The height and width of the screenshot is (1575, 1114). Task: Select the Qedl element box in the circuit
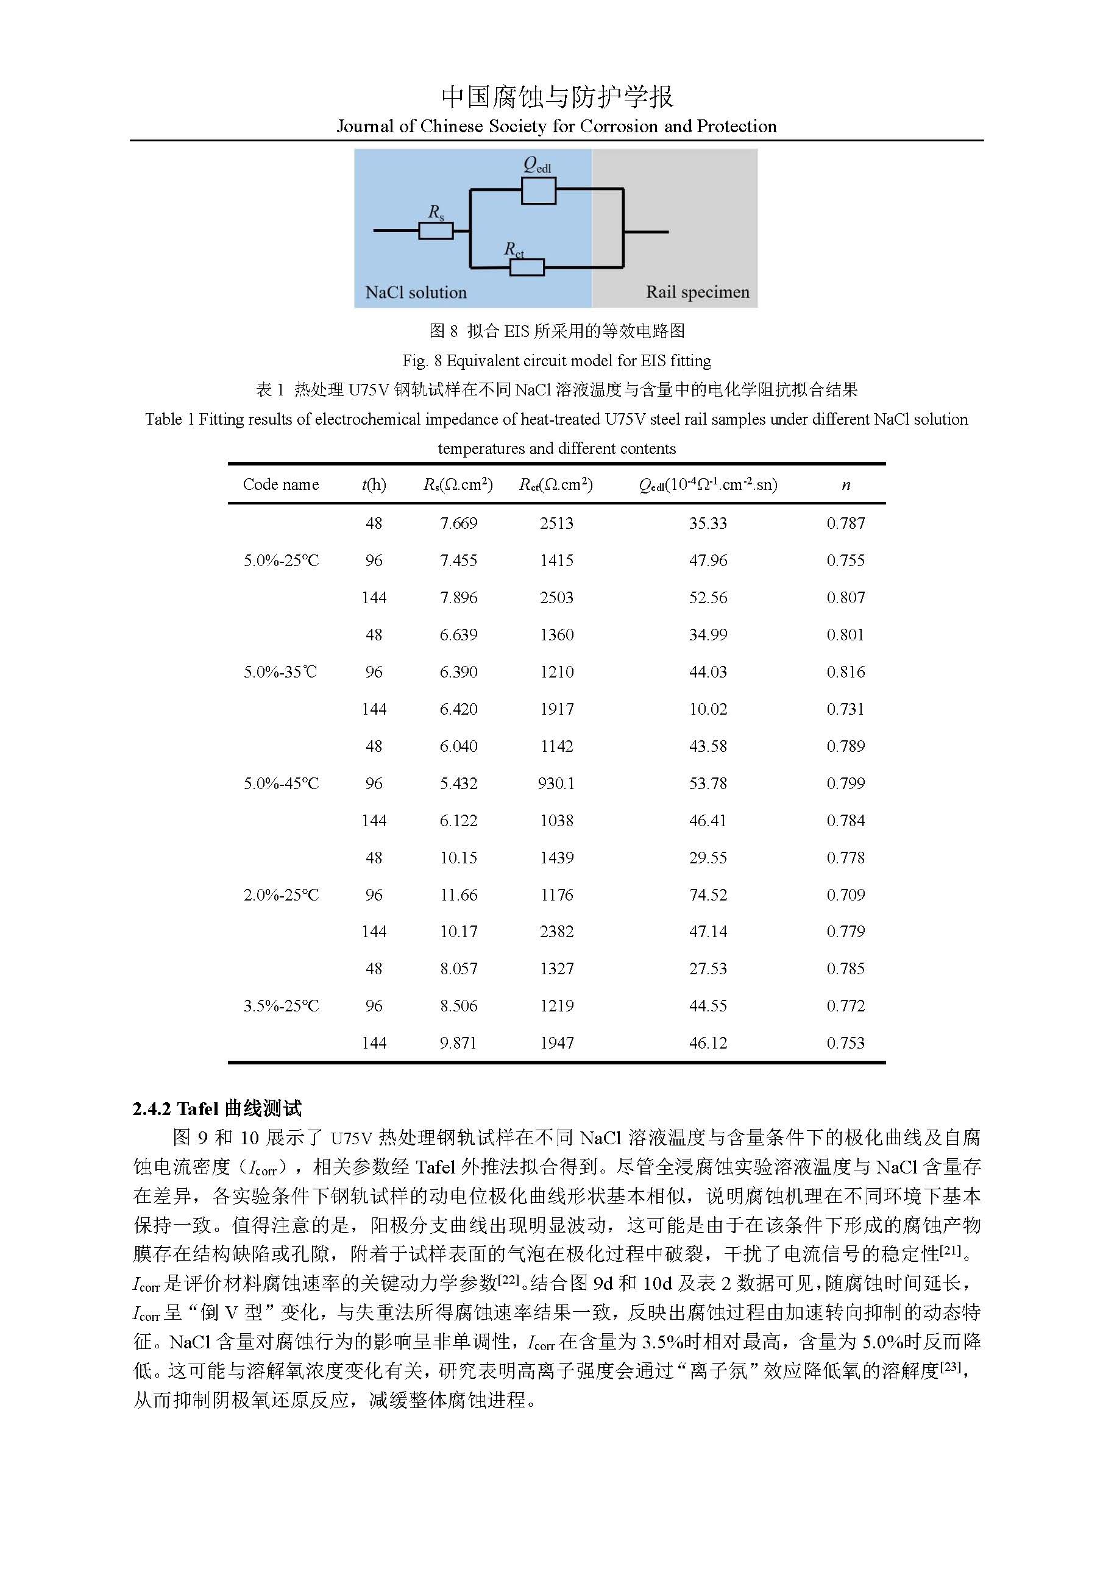tap(539, 191)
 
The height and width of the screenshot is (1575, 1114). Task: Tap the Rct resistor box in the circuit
tap(527, 267)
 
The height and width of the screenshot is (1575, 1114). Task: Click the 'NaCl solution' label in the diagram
tap(416, 292)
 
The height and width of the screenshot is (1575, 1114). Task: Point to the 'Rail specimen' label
tap(698, 292)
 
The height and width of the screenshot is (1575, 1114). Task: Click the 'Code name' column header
tap(280, 484)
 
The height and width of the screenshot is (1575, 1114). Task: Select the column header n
tap(846, 484)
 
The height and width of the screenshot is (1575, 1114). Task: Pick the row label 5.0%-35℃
tap(280, 671)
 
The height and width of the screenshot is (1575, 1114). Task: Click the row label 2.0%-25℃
tap(280, 894)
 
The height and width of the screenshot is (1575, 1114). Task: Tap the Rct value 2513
tap(556, 523)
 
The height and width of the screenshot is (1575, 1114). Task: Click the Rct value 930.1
tap(556, 784)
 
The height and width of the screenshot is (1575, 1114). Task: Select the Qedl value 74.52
tap(708, 894)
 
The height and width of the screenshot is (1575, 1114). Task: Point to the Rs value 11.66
tap(458, 894)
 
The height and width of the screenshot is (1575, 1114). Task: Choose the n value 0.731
tap(846, 709)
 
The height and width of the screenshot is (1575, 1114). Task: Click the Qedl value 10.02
tap(708, 709)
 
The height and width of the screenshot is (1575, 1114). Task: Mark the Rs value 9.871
tap(458, 1042)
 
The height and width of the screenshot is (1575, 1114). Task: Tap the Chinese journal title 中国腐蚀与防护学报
tap(557, 97)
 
